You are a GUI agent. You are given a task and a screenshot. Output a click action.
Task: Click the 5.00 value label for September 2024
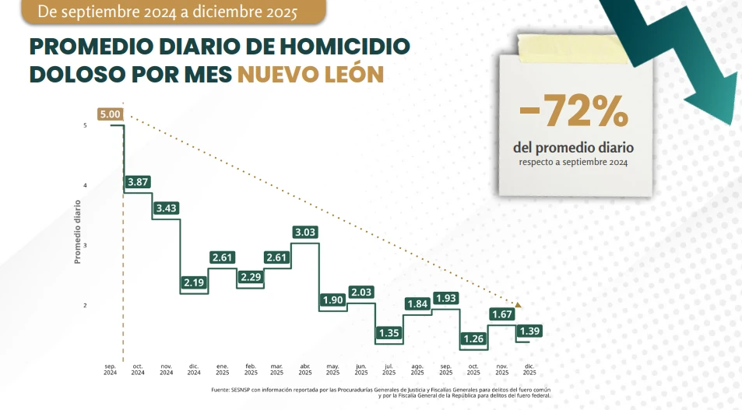tap(111, 114)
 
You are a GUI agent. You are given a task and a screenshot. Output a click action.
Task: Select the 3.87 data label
tap(137, 181)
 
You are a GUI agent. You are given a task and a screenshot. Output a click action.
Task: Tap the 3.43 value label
tap(166, 209)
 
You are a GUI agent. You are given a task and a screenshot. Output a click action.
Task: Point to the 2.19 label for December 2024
tap(194, 282)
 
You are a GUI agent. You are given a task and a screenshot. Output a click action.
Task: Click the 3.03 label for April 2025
tap(305, 232)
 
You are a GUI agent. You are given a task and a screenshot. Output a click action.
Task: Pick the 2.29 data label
tap(250, 276)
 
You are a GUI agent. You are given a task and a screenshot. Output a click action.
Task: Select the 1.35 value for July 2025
tap(389, 333)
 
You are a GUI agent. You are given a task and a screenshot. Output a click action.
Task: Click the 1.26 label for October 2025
tap(473, 338)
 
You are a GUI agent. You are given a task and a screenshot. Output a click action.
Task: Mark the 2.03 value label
tap(361, 292)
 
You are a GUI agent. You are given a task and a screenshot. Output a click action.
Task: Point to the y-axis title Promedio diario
tap(78, 232)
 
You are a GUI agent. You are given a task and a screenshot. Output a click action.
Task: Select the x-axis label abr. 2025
tap(305, 369)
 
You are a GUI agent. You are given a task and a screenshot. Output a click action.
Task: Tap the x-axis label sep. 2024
tap(110, 369)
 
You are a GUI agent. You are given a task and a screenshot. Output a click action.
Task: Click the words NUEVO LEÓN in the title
tap(311, 74)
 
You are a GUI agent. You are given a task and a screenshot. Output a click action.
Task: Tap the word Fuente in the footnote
tap(221, 390)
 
